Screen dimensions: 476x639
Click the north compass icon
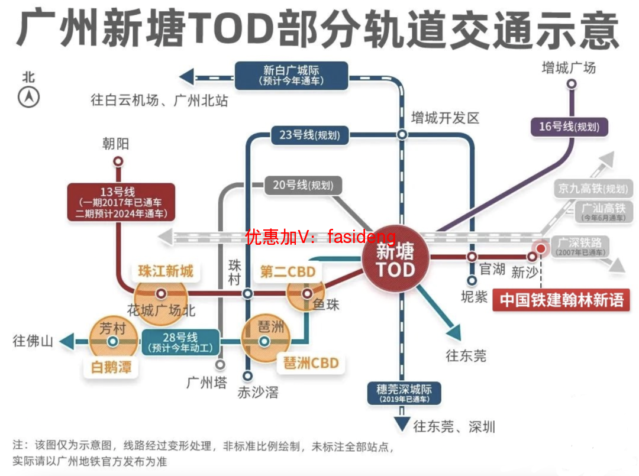coord(28,96)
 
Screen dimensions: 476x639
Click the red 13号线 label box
coord(121,202)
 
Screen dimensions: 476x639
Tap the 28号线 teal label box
coord(181,342)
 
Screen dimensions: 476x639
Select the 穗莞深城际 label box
coord(404,393)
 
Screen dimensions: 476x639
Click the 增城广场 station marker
coord(571,84)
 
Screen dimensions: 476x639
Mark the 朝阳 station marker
coord(118,161)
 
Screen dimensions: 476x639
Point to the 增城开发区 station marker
coord(402,135)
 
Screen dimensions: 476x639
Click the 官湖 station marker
coord(472,257)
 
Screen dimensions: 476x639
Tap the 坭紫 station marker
coord(472,280)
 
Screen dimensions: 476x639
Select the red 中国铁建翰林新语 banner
coord(561,300)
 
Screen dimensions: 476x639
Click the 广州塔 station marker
coord(220,364)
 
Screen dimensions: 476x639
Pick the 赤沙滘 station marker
coord(248,375)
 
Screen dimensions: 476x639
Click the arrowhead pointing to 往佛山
coord(66,341)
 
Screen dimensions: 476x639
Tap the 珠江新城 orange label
coord(166,271)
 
